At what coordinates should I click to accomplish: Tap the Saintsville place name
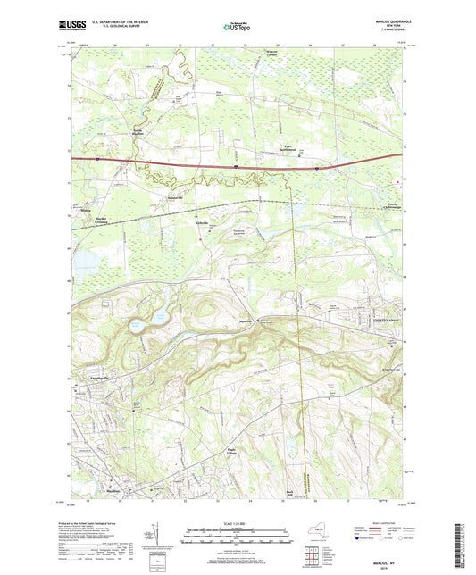point(175,197)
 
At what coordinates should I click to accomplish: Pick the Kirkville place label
point(201,223)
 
